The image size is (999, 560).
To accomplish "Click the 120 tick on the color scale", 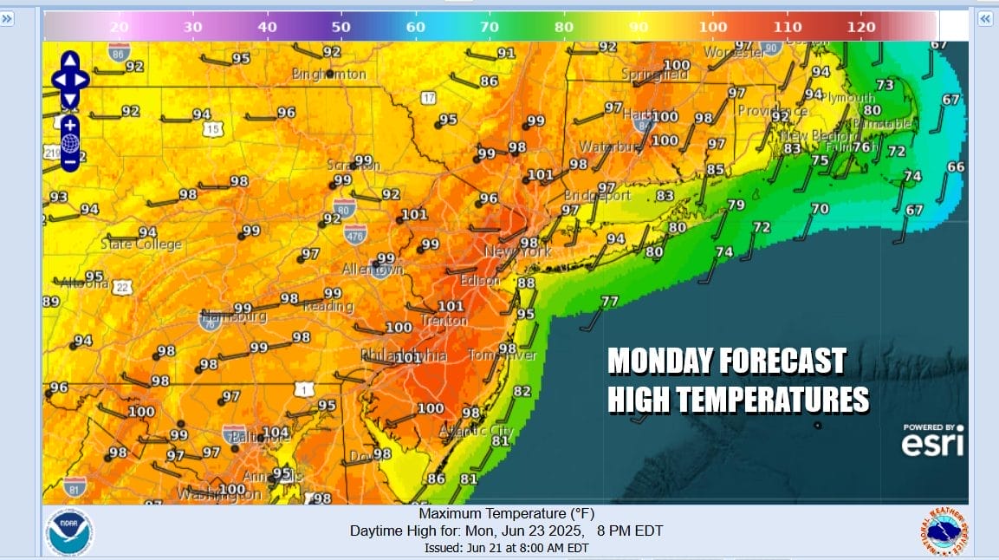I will pos(861,27).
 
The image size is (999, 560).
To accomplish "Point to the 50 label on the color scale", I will pos(341,27).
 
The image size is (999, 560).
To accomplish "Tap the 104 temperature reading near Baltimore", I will pos(276,433).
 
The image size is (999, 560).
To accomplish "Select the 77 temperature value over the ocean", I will pos(610,302).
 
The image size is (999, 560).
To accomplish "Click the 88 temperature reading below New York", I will pos(526,283).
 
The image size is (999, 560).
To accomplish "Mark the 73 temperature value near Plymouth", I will pos(884,85).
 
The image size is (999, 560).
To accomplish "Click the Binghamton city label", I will pos(329,75).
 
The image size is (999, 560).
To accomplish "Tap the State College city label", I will pos(142,244).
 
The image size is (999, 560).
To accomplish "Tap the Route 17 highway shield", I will pos(428,98).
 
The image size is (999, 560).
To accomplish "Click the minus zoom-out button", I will pos(70,160).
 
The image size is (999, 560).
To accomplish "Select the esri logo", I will pos(932,444).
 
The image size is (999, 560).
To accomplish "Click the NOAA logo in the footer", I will pos(70,531).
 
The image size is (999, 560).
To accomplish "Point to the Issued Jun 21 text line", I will pos(506,548).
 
